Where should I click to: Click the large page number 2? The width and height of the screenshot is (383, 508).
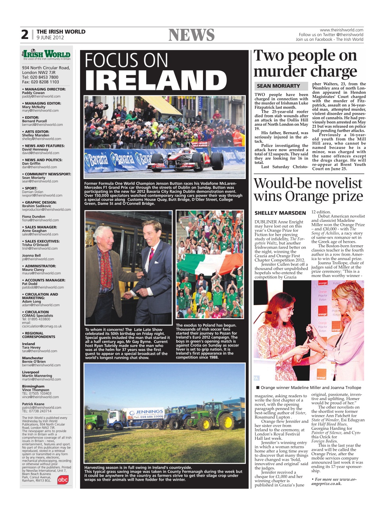point(25,35)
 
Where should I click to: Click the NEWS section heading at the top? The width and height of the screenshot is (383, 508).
point(191,35)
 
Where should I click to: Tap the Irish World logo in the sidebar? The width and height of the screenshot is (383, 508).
point(46,54)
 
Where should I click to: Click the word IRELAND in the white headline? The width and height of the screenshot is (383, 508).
point(155,81)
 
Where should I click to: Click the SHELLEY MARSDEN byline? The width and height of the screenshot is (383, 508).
point(280,213)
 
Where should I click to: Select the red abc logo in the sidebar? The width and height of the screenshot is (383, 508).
point(63,479)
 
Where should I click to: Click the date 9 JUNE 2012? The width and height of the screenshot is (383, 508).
point(50,38)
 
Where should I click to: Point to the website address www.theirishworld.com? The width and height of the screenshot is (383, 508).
point(341,30)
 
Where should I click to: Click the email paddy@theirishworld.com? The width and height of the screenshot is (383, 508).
point(41,96)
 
